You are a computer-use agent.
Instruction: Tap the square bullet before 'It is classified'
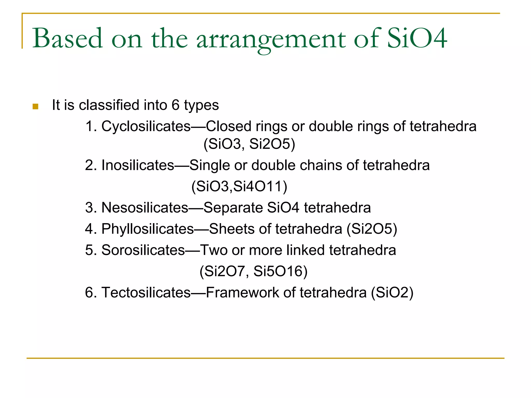pyautogui.click(x=36, y=106)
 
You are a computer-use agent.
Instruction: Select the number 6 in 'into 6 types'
pyautogui.click(x=175, y=105)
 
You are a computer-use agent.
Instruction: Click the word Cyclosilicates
pyautogui.click(x=146, y=126)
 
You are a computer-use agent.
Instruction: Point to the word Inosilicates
pyautogui.click(x=138, y=165)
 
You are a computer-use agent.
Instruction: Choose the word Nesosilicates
pyautogui.click(x=145, y=208)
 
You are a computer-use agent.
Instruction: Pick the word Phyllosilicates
pyautogui.click(x=148, y=229)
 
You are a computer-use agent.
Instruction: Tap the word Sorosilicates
pyautogui.click(x=143, y=250)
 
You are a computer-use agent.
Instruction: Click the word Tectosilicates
pyautogui.click(x=146, y=293)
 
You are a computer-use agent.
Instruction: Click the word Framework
pyautogui.click(x=242, y=293)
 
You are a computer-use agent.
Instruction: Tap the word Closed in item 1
pyautogui.click(x=228, y=126)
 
